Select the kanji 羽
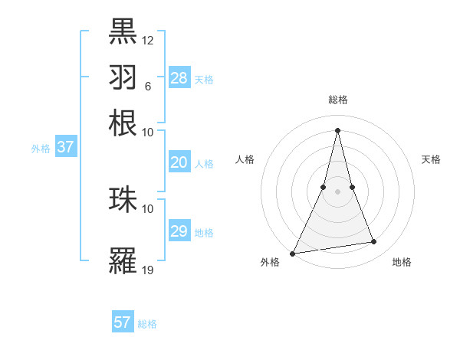[x=123, y=77]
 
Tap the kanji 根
[x=123, y=123]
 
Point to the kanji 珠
[x=123, y=199]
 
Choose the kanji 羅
[x=123, y=260]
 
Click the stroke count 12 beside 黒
[x=148, y=40]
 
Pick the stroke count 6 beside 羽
[x=147, y=86]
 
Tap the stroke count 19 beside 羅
[x=148, y=270]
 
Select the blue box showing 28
[x=179, y=78]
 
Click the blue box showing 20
[x=179, y=162]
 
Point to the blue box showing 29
[x=179, y=231]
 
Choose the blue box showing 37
[x=65, y=147]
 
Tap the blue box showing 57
[x=123, y=322]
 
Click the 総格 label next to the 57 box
[x=147, y=324]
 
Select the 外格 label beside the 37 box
[x=41, y=149]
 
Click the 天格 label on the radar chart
[x=432, y=159]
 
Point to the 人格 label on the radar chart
[x=245, y=159]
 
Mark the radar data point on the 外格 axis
[x=292, y=253]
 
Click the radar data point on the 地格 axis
[x=374, y=242]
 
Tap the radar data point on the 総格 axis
[x=337, y=129]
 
